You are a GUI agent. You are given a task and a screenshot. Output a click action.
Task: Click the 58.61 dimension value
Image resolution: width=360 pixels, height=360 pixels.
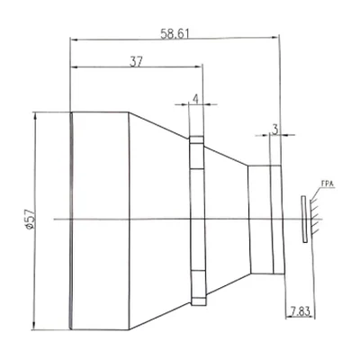pyautogui.click(x=175, y=33)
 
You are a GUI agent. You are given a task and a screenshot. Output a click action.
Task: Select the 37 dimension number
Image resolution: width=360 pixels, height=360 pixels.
pyautogui.click(x=137, y=62)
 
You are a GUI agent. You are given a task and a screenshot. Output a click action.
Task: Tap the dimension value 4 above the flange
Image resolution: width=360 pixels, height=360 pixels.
pyautogui.click(x=195, y=99)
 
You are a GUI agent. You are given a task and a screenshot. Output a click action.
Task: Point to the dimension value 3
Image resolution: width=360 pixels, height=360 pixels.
pyautogui.click(x=275, y=130)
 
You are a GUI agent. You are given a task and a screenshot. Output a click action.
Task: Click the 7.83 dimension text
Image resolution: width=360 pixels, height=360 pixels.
pyautogui.click(x=299, y=311)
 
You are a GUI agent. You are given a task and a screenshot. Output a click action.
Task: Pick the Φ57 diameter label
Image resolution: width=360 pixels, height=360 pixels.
pyautogui.click(x=31, y=220)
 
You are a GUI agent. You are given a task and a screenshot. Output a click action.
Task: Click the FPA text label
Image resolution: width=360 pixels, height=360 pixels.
pyautogui.click(x=328, y=184)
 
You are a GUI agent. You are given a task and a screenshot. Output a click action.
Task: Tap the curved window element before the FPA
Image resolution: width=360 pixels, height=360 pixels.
pyautogui.click(x=304, y=219)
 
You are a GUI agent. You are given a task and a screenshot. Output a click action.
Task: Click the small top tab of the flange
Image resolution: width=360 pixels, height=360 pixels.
pyautogui.click(x=196, y=139)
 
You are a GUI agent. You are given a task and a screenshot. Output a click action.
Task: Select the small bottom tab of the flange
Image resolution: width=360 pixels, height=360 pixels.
pyautogui.click(x=199, y=301)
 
